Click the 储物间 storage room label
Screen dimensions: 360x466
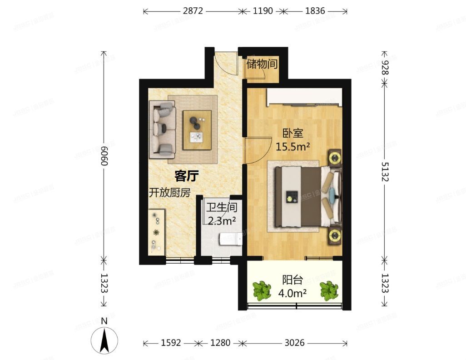262,64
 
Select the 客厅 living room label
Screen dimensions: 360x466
187,175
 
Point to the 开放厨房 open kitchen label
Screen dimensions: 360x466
170,192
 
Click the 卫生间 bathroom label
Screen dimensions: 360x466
222,208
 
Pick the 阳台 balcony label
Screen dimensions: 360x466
290,280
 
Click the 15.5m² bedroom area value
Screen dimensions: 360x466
293,146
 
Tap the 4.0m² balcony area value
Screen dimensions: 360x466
292,292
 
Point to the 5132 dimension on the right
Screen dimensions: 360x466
385,171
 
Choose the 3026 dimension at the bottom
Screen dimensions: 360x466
294,342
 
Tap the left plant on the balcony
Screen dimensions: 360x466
262,291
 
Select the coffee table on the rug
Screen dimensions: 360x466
197,130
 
